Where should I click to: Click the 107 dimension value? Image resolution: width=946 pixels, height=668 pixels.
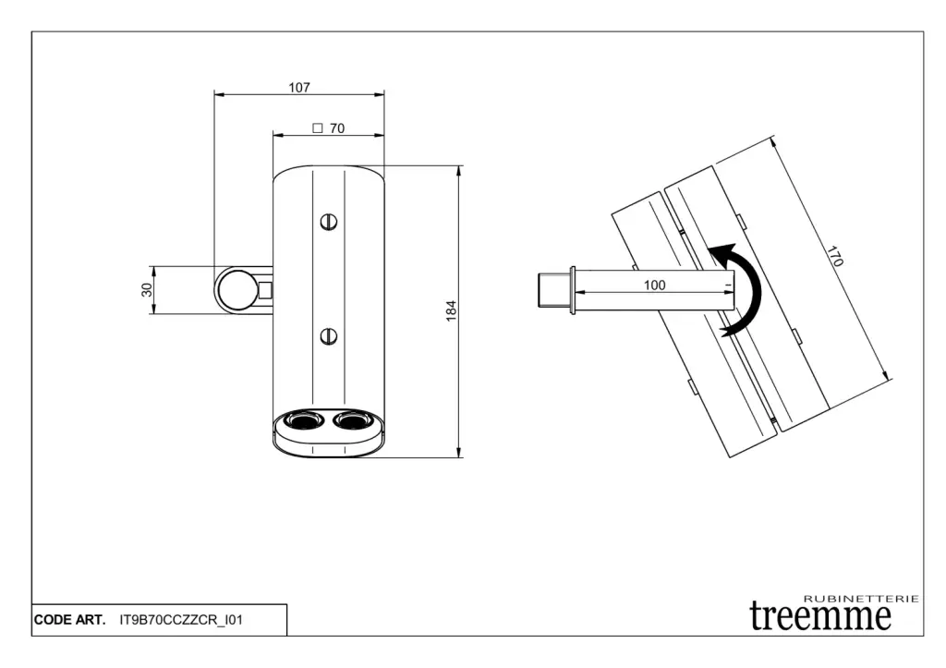299,88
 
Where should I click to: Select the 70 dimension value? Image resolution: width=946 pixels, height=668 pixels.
337,128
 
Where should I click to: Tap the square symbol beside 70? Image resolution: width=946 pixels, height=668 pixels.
318,128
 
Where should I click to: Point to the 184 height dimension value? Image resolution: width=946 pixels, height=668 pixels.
451,310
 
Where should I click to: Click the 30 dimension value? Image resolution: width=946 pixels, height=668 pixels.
147,289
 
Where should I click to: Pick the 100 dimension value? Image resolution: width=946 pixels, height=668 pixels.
655,285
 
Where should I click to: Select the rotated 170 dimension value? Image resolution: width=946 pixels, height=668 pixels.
834,256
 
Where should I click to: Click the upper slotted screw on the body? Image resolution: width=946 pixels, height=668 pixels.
329,222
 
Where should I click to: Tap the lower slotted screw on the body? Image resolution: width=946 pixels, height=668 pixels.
329,336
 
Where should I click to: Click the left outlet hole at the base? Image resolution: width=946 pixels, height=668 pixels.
303,419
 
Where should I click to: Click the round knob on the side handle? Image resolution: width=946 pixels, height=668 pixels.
236,290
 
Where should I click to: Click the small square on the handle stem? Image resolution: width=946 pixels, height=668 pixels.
265,290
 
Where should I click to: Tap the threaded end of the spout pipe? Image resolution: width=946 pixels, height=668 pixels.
554,290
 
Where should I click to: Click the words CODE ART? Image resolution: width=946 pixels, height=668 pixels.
70,620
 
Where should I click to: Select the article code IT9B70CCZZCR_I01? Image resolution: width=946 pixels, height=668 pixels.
181,620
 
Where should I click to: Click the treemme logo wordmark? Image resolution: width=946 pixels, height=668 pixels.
820,616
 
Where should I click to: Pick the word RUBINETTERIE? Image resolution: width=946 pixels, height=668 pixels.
862,599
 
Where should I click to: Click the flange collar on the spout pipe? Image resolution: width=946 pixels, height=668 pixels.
573,290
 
